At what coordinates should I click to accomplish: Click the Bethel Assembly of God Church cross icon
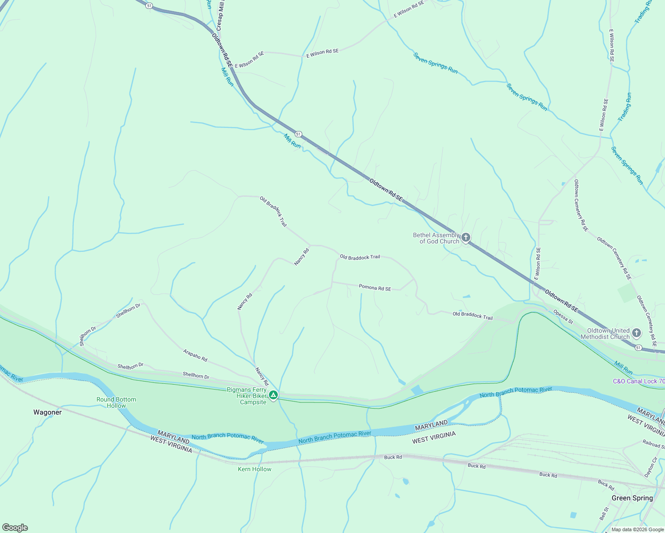tap(465, 238)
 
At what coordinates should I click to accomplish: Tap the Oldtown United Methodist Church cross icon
tap(636, 333)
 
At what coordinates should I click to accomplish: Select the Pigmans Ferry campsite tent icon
tap(273, 394)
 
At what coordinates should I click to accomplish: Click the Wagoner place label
tap(48, 412)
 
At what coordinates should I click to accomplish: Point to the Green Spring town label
tap(632, 498)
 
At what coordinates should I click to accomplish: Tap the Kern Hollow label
tap(254, 469)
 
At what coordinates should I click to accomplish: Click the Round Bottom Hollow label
tap(116, 402)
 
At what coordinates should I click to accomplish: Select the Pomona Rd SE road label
tap(375, 288)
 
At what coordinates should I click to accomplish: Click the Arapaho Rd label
tap(195, 355)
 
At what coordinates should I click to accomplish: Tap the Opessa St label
tap(563, 316)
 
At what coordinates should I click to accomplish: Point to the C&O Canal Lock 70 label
tap(639, 381)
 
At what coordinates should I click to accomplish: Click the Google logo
tap(15, 528)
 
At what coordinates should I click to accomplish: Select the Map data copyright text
tap(636, 529)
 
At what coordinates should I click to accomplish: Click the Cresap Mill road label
tap(220, 16)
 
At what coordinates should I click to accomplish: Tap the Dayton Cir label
tap(651, 467)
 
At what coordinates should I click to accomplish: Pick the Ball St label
tap(604, 513)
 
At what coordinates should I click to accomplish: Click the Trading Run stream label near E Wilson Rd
tap(625, 107)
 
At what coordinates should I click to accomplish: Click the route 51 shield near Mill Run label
tap(298, 134)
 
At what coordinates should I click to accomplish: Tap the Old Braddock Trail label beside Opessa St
tap(473, 315)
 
